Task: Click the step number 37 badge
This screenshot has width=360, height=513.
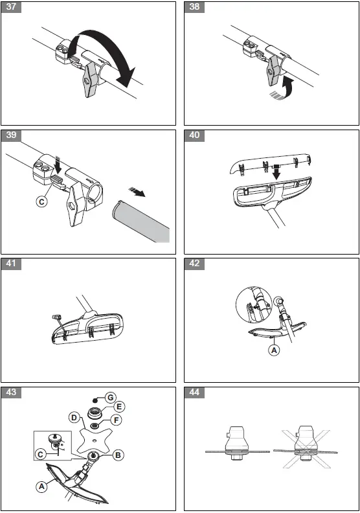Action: tap(11, 7)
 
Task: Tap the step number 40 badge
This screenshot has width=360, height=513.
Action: tap(194, 135)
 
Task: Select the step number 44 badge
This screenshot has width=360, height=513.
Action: tap(194, 393)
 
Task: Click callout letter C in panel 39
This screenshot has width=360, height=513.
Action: tap(41, 201)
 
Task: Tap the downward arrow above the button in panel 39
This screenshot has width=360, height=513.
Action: tap(58, 166)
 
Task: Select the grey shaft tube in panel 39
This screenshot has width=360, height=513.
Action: tap(141, 222)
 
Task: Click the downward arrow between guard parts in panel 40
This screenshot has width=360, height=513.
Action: tap(276, 172)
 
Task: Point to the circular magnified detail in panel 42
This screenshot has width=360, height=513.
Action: tap(254, 304)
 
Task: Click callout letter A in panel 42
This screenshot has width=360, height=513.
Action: tap(274, 350)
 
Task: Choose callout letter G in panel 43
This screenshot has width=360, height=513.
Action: tap(111, 398)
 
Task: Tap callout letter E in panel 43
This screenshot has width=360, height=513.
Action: tap(119, 407)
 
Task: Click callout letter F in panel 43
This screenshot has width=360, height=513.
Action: tap(116, 420)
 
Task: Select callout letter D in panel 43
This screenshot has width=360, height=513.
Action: tap(74, 418)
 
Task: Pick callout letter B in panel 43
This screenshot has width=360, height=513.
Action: tap(118, 455)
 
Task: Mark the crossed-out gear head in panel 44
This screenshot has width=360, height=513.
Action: tap(306, 444)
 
